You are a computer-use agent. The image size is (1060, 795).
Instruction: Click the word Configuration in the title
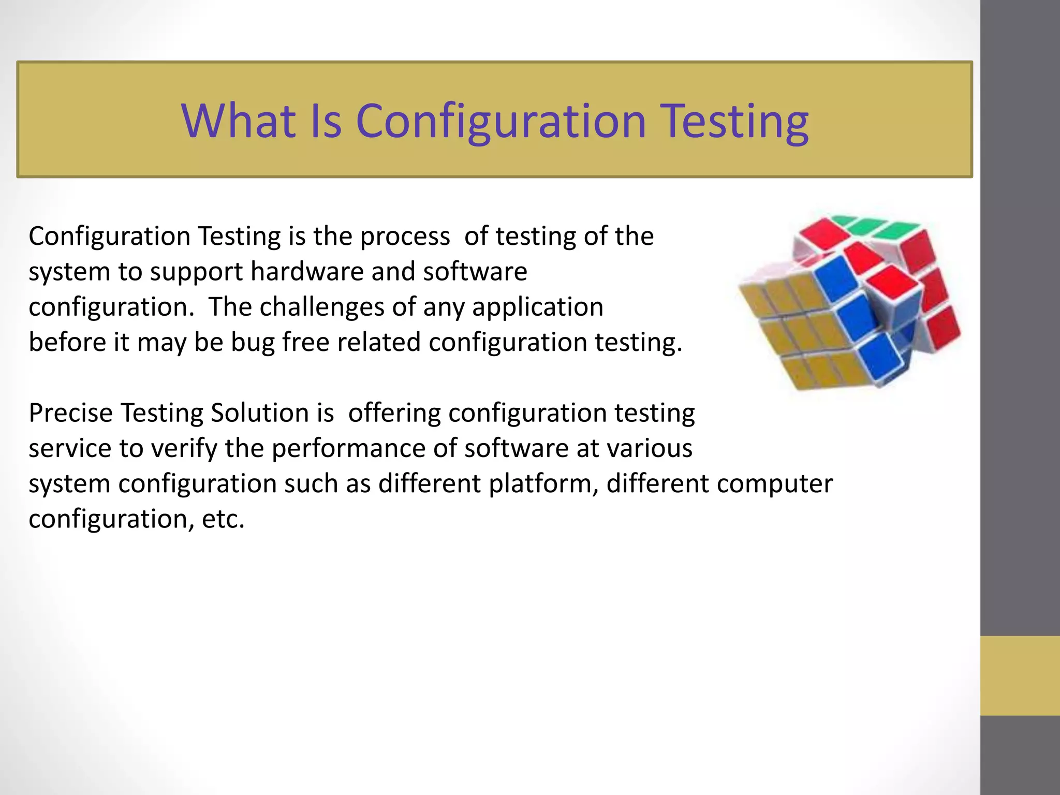point(501,122)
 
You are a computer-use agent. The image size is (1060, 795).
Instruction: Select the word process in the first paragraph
point(405,237)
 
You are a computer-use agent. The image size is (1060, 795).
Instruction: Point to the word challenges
point(321,307)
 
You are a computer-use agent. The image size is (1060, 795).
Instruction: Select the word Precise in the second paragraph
point(70,413)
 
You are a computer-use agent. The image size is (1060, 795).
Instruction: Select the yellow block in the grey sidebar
point(1020,675)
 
